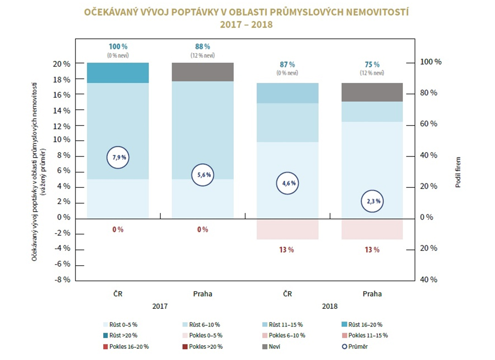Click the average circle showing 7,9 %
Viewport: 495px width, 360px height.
click(x=118, y=157)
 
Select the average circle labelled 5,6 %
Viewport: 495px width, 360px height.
click(x=202, y=175)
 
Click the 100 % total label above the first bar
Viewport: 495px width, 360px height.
click(x=118, y=47)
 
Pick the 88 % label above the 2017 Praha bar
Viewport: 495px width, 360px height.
click(x=202, y=47)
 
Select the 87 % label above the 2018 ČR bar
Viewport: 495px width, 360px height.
click(x=287, y=65)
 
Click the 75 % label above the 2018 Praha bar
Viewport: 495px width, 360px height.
click(x=372, y=65)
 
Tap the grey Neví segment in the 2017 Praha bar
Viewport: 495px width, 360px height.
click(x=202, y=72)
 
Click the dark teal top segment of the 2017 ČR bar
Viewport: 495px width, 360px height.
click(x=118, y=73)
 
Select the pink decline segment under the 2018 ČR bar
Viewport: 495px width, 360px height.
click(x=287, y=229)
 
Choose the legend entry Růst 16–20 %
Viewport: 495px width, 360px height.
click(x=362, y=324)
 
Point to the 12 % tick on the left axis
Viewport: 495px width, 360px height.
click(x=63, y=126)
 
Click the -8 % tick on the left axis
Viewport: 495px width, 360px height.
click(x=63, y=280)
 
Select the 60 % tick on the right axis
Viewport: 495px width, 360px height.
click(x=428, y=124)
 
